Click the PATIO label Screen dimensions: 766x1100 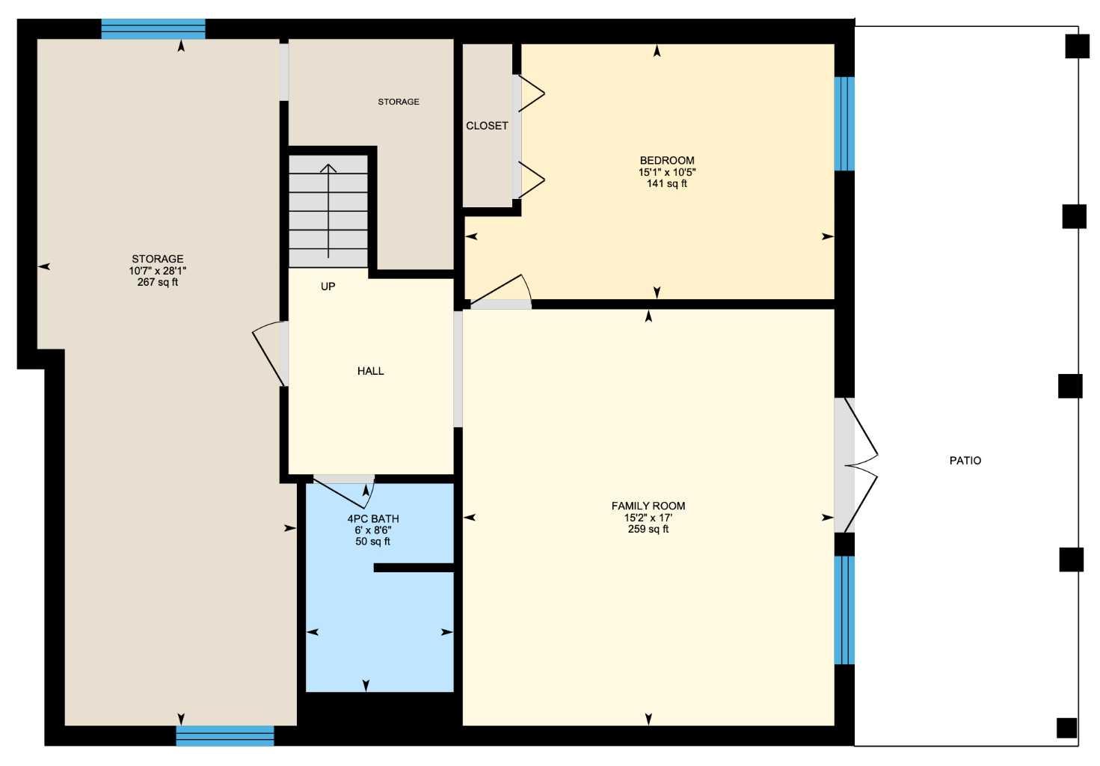[965, 461]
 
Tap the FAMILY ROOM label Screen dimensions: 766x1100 [648, 506]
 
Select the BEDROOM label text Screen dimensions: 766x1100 [667, 160]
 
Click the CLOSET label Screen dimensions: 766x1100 [487, 126]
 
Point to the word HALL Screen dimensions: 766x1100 [371, 371]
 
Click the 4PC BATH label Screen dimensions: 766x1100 [373, 518]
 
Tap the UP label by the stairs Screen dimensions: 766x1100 [328, 287]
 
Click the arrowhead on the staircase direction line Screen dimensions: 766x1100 [328, 168]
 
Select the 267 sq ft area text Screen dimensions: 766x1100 [158, 282]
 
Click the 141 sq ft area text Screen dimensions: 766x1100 [667, 183]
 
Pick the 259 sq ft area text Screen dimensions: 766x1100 [648, 529]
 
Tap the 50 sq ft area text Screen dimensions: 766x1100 [372, 542]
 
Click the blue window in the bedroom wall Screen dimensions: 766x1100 [844, 123]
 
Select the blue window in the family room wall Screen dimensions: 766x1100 [844, 610]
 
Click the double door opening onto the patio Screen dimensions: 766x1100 [856, 465]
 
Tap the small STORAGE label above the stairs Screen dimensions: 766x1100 [399, 102]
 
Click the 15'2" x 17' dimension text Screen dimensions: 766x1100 [648, 518]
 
